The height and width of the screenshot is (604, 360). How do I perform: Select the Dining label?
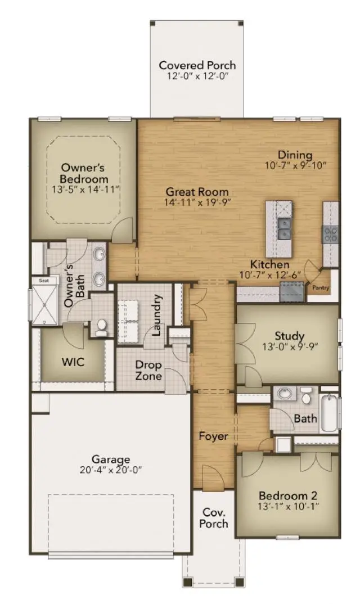(x=295, y=155)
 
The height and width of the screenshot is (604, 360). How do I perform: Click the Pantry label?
(x=321, y=289)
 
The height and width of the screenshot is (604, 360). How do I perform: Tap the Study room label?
(x=289, y=336)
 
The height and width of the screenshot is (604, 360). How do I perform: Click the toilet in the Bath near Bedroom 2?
(x=307, y=396)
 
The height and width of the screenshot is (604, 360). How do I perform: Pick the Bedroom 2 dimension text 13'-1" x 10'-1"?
(x=288, y=507)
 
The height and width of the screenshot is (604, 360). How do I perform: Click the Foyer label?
(x=213, y=436)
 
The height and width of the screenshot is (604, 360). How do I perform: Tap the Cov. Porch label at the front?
(x=215, y=518)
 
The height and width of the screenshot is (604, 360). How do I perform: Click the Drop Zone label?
(x=148, y=369)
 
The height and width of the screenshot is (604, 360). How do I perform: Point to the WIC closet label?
(x=73, y=362)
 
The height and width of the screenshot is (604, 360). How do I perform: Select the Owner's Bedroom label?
(x=83, y=173)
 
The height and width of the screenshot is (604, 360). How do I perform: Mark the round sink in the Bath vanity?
(x=285, y=393)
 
